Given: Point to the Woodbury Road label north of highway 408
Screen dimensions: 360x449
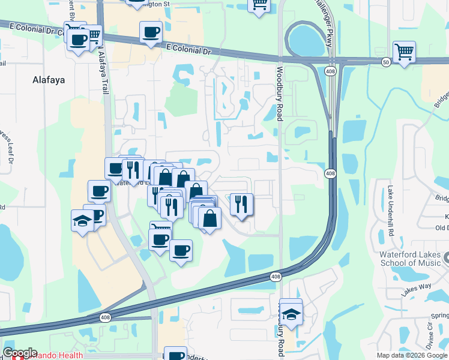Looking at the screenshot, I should click(x=279, y=93).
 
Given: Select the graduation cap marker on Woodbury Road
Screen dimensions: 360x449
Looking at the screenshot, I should click(x=291, y=313).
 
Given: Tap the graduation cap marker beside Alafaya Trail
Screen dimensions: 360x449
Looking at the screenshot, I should click(x=82, y=220).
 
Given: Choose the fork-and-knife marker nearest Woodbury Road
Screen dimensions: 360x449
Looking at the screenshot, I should click(x=241, y=204).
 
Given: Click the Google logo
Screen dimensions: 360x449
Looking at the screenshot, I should click(x=20, y=353).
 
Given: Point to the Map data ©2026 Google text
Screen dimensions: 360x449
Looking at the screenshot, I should click(x=412, y=355).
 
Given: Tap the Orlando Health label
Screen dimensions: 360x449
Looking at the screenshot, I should click(x=57, y=355).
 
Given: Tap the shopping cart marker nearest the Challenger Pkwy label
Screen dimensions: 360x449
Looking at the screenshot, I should click(x=260, y=5).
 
